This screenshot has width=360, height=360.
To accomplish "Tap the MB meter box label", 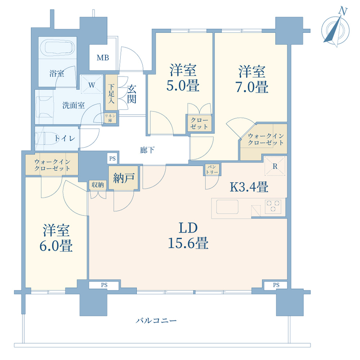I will coord(103,58).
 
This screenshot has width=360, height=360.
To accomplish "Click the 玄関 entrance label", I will coord(131,94).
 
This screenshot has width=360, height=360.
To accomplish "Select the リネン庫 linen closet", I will coord(110,118).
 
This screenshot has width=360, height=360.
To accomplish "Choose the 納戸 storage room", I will coord(124,178).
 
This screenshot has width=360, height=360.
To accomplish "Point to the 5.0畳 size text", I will coord(183,85).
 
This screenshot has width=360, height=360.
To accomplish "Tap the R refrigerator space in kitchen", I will coord(274,166).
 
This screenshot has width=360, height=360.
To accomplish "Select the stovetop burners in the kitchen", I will coord(273,207).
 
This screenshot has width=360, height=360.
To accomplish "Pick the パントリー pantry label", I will coord(211,170).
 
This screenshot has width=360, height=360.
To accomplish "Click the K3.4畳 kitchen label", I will coord(249,186).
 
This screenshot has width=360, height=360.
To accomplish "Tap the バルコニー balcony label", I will coord(156,321).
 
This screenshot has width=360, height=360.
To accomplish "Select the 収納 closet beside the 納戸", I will coord(98,184).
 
